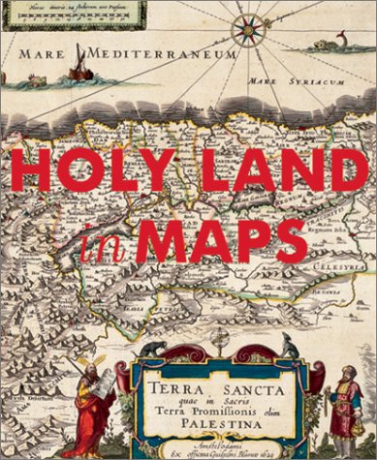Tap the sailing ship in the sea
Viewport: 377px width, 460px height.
[x=78, y=65]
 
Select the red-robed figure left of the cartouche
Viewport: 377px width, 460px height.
[x=93, y=416]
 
